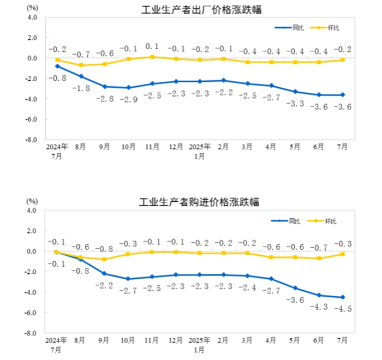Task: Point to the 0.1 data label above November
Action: coord(152,46)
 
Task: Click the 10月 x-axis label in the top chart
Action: coord(128,147)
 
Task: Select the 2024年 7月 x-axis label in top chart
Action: coord(57,151)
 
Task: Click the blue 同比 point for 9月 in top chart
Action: coord(105,87)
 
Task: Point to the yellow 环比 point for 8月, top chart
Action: coord(81,65)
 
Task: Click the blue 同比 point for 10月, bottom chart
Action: coord(128,279)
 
